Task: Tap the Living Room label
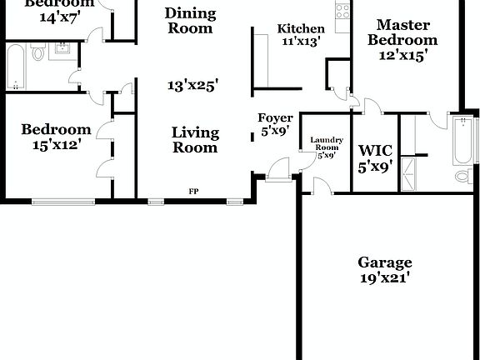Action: point(195,140)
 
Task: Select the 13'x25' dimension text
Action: point(192,85)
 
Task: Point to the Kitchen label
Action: point(300,29)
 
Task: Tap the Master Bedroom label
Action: point(402,32)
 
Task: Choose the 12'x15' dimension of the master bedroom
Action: point(402,55)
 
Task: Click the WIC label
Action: point(374,151)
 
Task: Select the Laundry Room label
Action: point(325,143)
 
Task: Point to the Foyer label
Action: point(274,118)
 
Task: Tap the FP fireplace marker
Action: point(193,192)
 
